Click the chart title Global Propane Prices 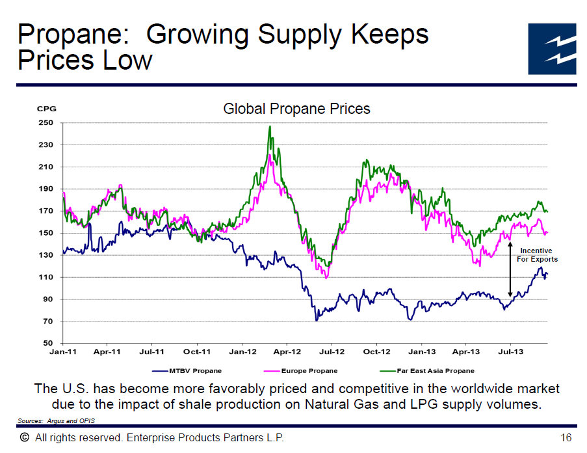tap(296, 109)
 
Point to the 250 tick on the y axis tap(45, 123)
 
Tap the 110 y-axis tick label tap(45, 277)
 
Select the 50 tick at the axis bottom tap(47, 343)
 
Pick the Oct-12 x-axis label tap(376, 352)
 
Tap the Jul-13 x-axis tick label tap(510, 352)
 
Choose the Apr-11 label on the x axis tap(107, 352)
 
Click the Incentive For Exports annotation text tap(537, 254)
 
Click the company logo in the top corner tap(551, 49)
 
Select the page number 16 tap(565, 437)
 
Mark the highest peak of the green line tap(269, 126)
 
